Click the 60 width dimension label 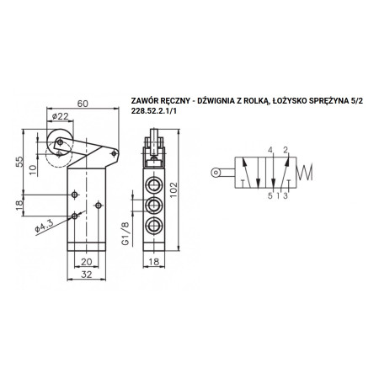click(83, 104)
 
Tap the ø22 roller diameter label click(61, 116)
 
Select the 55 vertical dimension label click(19, 162)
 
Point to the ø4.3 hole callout click(44, 226)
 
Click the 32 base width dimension click(87, 275)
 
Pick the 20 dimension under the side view click(87, 262)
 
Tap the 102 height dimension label click(173, 189)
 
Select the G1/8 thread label click(125, 233)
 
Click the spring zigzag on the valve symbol click(305, 172)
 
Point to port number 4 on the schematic click(270, 150)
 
